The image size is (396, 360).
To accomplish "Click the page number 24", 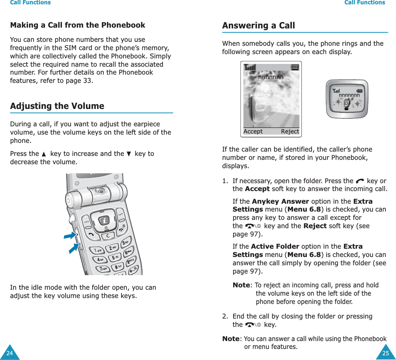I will (x=9, y=353).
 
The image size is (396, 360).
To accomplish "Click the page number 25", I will (x=385, y=353).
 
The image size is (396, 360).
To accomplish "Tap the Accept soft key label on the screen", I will (x=253, y=131).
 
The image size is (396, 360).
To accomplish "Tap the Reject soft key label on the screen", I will (x=290, y=131).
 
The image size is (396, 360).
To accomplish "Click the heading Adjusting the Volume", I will (x=57, y=106).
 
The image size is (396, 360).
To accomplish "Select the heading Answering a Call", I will (x=258, y=26).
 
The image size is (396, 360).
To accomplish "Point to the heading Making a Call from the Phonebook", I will (x=77, y=25).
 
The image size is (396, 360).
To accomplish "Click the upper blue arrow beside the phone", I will (x=70, y=236).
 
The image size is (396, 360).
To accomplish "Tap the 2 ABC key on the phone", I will (x=112, y=247).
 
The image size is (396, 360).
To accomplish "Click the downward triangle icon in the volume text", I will (x=129, y=154).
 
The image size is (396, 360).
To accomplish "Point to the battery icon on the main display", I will (x=295, y=67).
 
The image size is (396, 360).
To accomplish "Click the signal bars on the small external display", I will (x=336, y=91).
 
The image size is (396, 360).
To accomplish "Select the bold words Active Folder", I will (x=275, y=247).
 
